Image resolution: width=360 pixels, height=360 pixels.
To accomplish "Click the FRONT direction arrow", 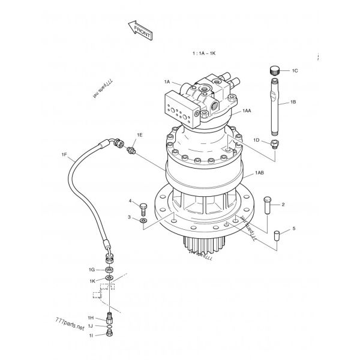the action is (x=140, y=31).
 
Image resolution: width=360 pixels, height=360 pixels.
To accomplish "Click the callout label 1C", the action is (x=295, y=71).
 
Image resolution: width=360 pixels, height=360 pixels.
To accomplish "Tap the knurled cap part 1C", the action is (x=274, y=70).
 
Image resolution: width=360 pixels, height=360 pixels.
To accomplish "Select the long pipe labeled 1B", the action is (x=275, y=107).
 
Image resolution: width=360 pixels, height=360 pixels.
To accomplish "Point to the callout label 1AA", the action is (x=247, y=111).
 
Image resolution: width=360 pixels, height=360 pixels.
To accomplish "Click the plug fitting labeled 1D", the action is (x=275, y=144).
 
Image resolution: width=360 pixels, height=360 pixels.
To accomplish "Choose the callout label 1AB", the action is (x=259, y=173).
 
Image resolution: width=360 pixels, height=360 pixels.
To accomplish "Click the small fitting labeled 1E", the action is (x=131, y=151).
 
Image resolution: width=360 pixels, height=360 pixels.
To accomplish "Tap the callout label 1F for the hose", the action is (x=64, y=155).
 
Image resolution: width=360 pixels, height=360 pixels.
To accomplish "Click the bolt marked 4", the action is (x=143, y=209).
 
